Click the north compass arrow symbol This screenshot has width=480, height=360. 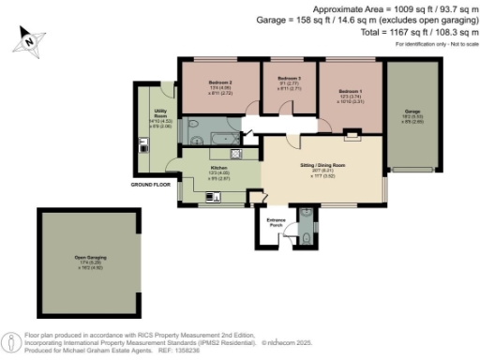click(30, 40)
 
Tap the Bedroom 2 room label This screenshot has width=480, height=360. click(220, 82)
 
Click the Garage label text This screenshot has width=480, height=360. click(412, 111)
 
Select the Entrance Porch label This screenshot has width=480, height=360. click(277, 223)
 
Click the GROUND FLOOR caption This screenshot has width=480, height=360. click(151, 186)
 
